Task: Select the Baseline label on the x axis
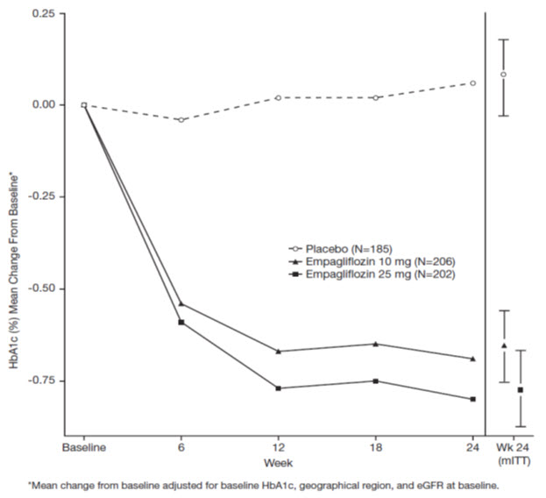(x=83, y=446)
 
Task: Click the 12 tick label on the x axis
(x=278, y=446)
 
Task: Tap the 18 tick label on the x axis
(x=375, y=446)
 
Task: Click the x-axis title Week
(x=280, y=462)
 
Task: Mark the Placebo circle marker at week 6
(x=181, y=119)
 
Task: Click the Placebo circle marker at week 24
(x=473, y=83)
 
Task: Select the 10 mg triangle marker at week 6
(x=181, y=303)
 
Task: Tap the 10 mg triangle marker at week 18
(x=376, y=344)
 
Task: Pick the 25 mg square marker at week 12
(x=279, y=388)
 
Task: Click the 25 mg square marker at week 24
(x=473, y=399)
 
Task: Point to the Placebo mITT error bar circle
(x=503, y=75)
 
